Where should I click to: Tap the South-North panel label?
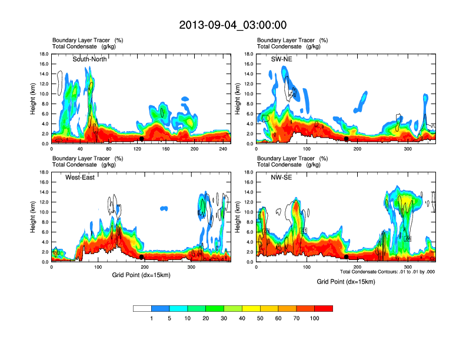[89, 59]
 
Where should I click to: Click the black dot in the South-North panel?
[142, 139]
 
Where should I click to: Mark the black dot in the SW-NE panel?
[347, 139]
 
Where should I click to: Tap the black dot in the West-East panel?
[142, 257]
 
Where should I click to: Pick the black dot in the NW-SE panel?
[347, 257]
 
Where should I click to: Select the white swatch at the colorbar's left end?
[142, 308]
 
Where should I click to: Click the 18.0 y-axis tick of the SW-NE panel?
[249, 54]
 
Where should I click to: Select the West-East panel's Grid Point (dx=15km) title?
[141, 275]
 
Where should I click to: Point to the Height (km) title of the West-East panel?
[33, 216]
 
